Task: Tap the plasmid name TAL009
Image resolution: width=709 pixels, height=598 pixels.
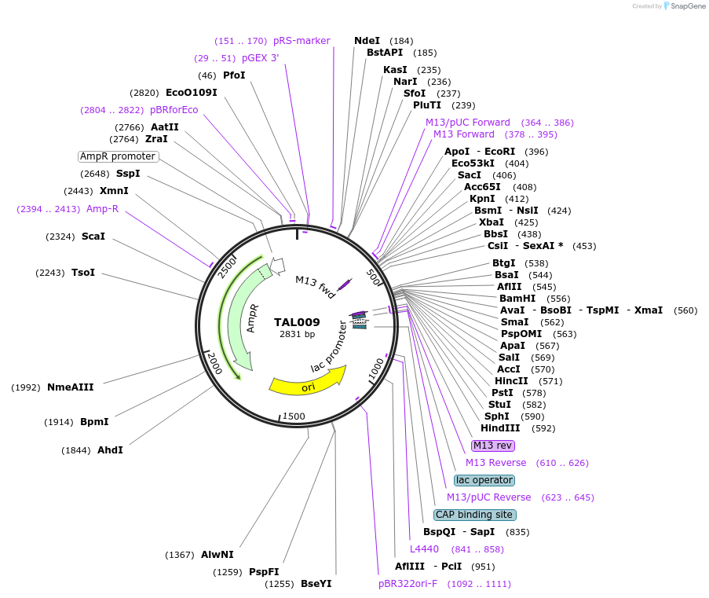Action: click(297, 322)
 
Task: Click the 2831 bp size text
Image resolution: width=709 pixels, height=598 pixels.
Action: click(297, 334)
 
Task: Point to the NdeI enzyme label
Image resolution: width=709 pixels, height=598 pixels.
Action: click(367, 41)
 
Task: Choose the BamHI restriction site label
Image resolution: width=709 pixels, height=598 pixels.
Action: click(517, 299)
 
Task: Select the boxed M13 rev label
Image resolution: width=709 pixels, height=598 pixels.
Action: click(493, 446)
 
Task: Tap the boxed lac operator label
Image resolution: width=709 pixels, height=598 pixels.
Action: click(484, 480)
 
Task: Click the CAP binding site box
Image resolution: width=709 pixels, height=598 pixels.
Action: click(475, 515)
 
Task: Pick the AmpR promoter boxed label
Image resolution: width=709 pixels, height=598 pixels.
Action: click(118, 156)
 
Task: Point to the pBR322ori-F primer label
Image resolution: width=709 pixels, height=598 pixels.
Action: click(407, 584)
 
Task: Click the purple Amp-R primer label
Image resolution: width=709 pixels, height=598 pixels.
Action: click(102, 209)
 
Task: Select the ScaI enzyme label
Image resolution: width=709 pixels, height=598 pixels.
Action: click(93, 237)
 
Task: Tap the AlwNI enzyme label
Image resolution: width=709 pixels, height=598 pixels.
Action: click(217, 555)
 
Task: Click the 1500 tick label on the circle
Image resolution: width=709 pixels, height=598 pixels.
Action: click(293, 416)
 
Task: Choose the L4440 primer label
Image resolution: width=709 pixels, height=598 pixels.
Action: click(424, 548)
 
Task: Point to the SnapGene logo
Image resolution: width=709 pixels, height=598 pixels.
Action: click(684, 6)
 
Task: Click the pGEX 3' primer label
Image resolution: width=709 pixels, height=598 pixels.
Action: click(260, 58)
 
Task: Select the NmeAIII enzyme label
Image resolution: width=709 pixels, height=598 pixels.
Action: click(70, 387)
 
